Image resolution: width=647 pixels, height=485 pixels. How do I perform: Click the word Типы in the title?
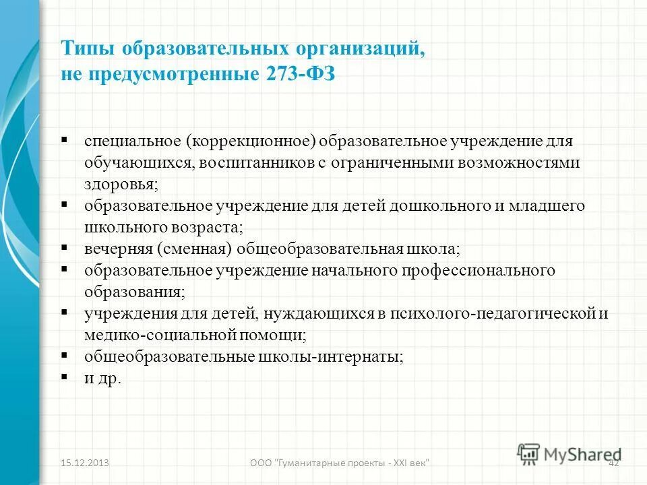click(x=86, y=49)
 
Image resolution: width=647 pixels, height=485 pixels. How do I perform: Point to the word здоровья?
click(x=120, y=184)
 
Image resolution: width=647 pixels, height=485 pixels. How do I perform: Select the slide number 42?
click(x=613, y=463)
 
